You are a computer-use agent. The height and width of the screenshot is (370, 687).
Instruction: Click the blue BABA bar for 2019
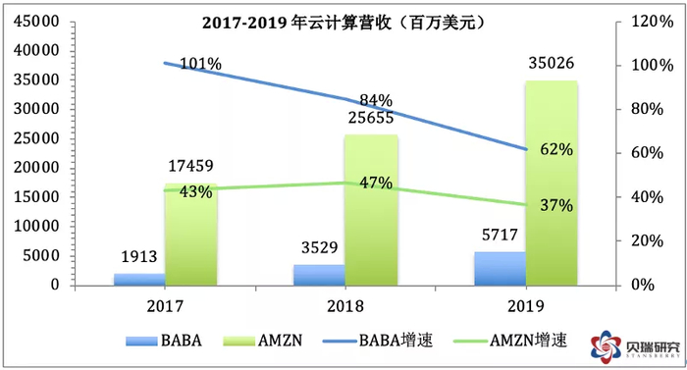pos(501,268)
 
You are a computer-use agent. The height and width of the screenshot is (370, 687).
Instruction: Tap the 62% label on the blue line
pos(555,150)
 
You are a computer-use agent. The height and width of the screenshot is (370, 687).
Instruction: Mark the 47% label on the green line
pos(374,184)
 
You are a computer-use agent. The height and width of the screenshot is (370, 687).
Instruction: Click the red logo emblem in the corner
pos(602,345)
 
